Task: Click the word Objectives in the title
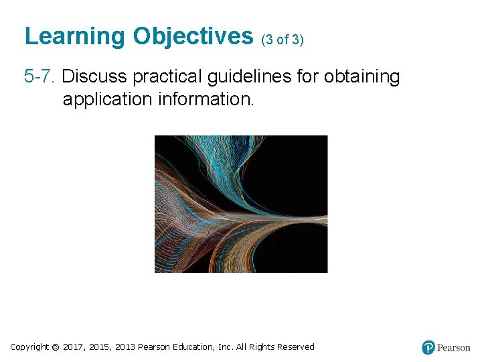click(x=193, y=36)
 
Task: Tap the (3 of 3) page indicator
click(x=282, y=40)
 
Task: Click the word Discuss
click(x=94, y=77)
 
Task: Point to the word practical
click(x=168, y=77)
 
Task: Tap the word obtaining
click(x=361, y=77)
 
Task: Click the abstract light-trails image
click(x=241, y=204)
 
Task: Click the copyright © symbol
click(x=56, y=347)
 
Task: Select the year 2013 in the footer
click(x=125, y=347)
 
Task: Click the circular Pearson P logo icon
click(x=428, y=348)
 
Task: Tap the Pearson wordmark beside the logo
click(x=454, y=348)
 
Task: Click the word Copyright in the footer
click(x=29, y=347)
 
